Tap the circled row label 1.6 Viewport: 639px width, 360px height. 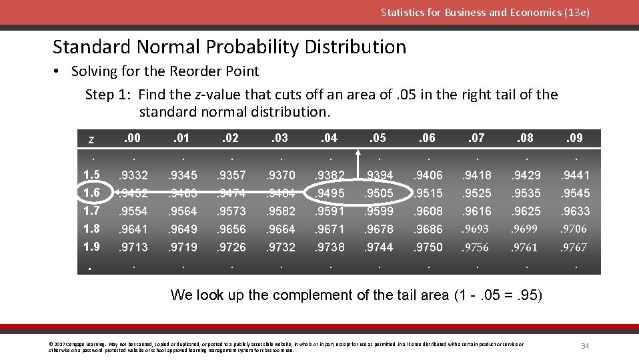point(91,193)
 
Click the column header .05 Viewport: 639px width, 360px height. point(378,138)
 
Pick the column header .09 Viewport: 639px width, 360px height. point(574,138)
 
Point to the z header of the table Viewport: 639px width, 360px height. point(91,139)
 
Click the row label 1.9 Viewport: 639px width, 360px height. point(91,247)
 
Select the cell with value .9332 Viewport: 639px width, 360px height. point(133,175)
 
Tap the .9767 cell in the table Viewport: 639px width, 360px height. point(574,247)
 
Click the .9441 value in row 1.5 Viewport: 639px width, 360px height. point(574,175)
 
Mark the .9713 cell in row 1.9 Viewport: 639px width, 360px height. point(133,247)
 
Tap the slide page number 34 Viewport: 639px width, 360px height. point(585,345)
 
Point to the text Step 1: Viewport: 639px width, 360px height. point(109,95)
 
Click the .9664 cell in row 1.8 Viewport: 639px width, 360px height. point(280,229)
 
